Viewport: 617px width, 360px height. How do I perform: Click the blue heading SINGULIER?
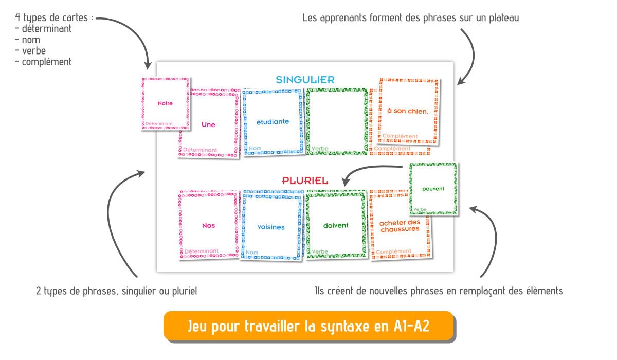[305, 80]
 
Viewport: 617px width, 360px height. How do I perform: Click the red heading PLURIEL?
[305, 181]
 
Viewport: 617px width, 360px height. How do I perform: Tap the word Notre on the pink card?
[165, 103]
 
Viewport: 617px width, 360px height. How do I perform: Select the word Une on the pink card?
[208, 124]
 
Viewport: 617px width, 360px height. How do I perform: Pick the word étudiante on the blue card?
[273, 122]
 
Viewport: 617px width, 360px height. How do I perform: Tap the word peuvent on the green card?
[433, 189]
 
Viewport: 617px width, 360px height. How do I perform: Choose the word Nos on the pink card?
[208, 225]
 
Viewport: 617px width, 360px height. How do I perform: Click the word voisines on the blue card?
[271, 227]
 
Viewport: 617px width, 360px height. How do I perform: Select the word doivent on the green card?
[336, 225]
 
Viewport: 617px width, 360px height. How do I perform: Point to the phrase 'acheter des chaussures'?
[400, 226]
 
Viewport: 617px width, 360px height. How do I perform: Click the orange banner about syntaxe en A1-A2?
[308, 326]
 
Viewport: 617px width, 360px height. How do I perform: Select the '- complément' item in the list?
[43, 62]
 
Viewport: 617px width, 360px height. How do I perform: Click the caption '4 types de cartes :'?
[54, 18]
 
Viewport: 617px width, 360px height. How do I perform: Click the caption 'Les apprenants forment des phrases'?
[411, 18]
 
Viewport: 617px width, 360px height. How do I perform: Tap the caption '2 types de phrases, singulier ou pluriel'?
[117, 291]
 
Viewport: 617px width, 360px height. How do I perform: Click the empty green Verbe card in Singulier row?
[337, 121]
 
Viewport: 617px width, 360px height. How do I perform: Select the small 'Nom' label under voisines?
[252, 253]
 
